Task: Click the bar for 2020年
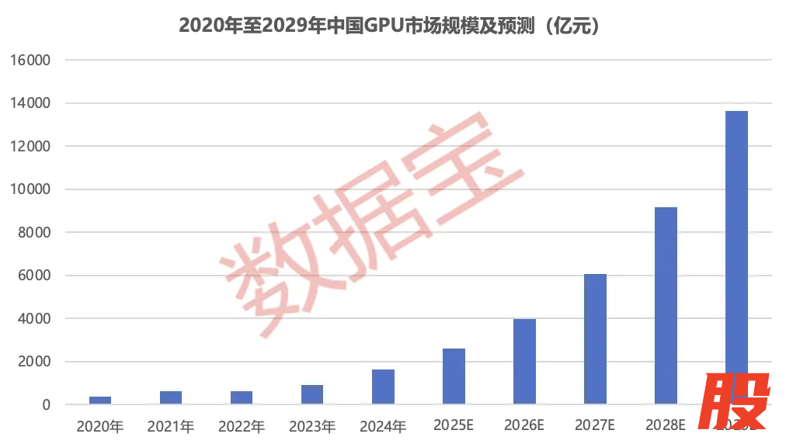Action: click(100, 400)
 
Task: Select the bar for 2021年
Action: click(171, 397)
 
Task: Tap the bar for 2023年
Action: click(312, 394)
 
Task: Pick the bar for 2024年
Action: click(383, 387)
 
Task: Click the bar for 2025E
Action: click(454, 376)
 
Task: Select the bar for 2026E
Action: click(524, 362)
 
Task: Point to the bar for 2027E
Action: click(595, 339)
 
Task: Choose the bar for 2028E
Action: click(666, 306)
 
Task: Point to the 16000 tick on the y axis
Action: click(31, 60)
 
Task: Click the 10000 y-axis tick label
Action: click(31, 189)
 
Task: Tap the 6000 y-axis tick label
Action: click(34, 276)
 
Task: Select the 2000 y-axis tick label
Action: click(34, 362)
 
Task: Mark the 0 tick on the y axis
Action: click(47, 405)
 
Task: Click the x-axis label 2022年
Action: click(242, 426)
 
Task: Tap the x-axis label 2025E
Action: click(454, 425)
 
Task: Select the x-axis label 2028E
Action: click(666, 425)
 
